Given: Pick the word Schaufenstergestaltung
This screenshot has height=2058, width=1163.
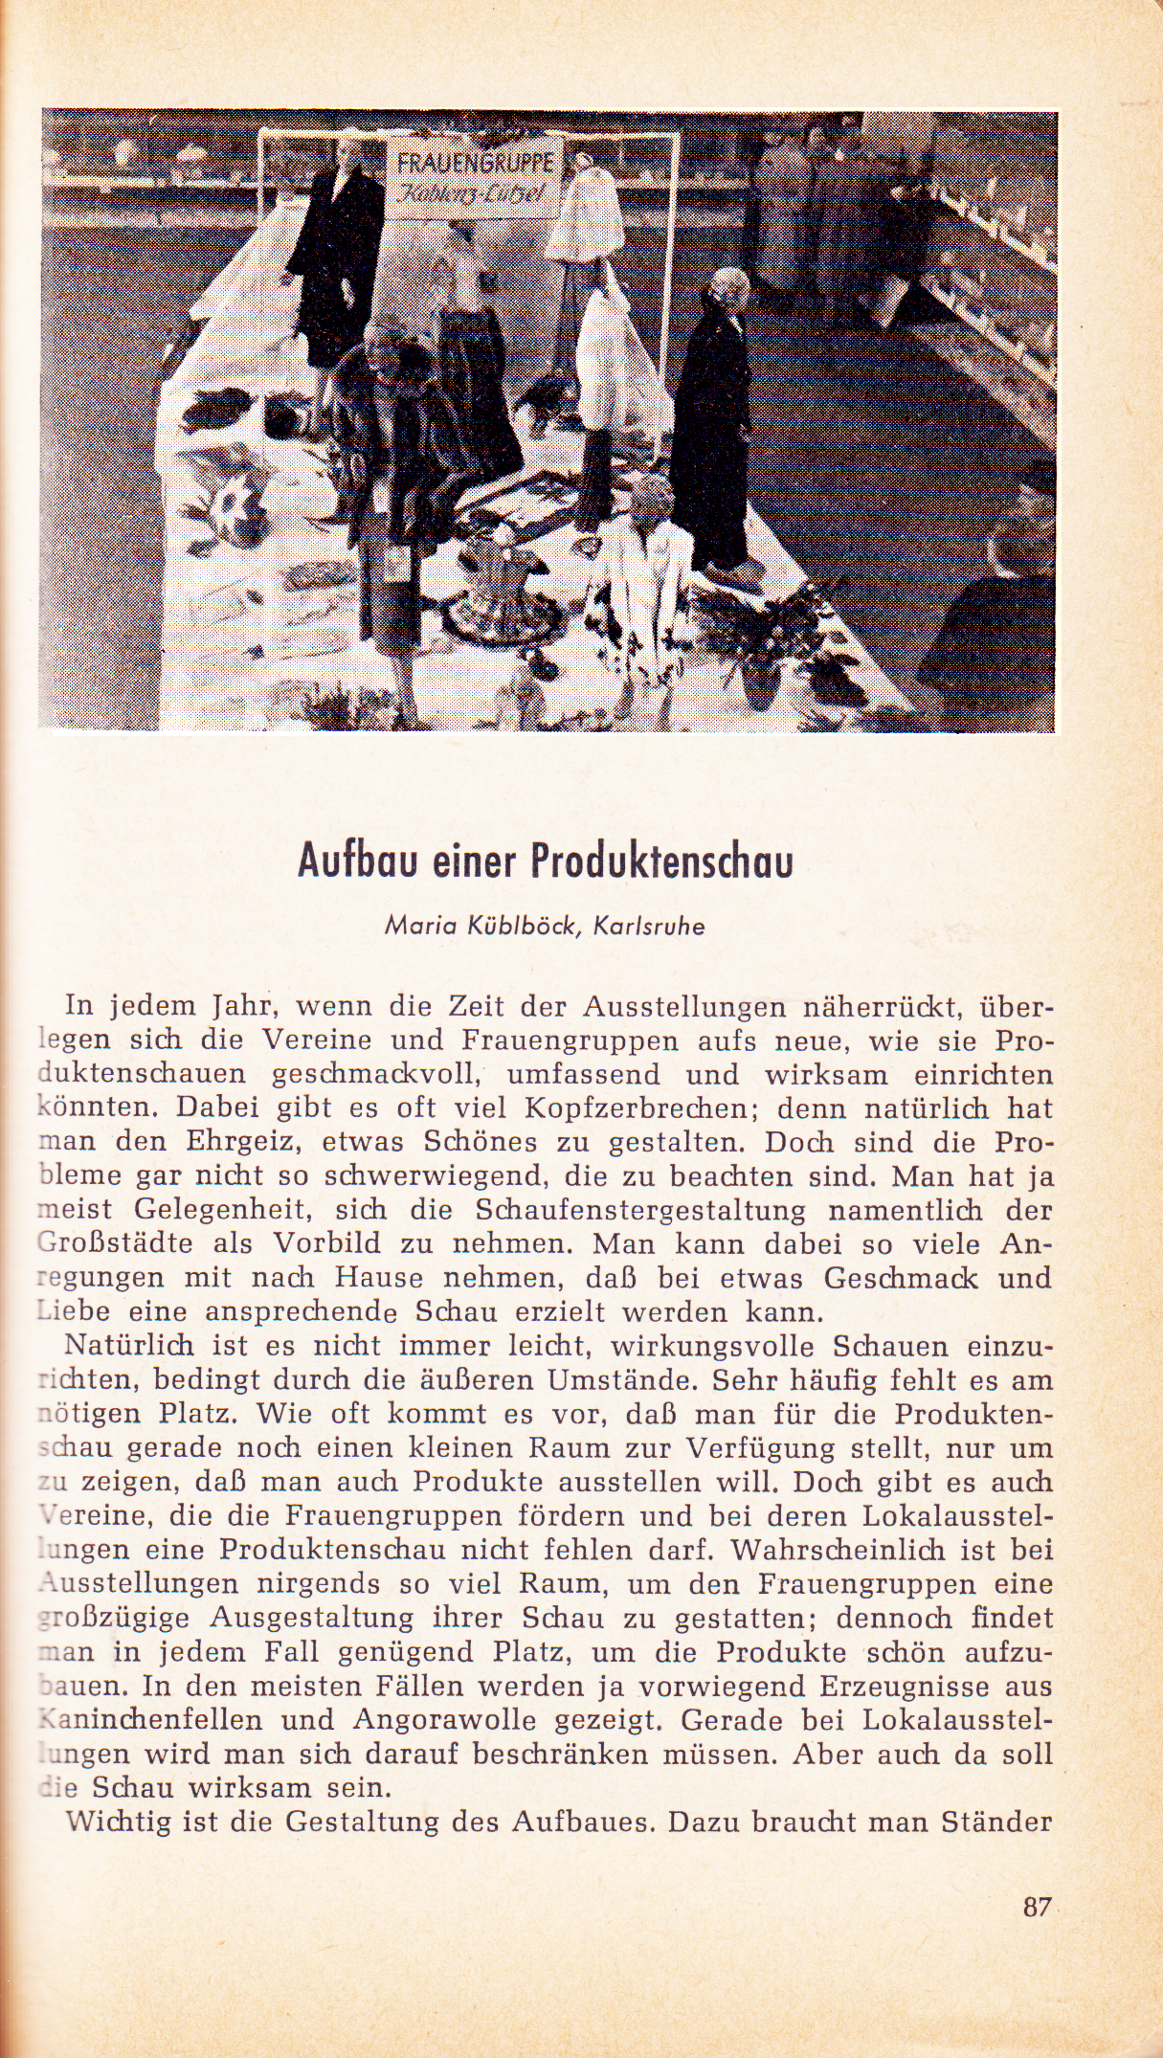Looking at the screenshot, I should pyautogui.click(x=640, y=1211).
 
